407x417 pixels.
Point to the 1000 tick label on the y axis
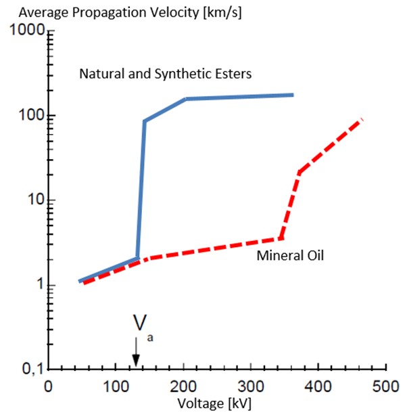(26, 31)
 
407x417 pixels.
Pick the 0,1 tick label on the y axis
(30, 370)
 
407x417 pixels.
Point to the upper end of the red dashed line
(362, 120)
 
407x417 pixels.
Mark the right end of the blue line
(292, 95)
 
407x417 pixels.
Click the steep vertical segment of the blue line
(141, 190)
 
